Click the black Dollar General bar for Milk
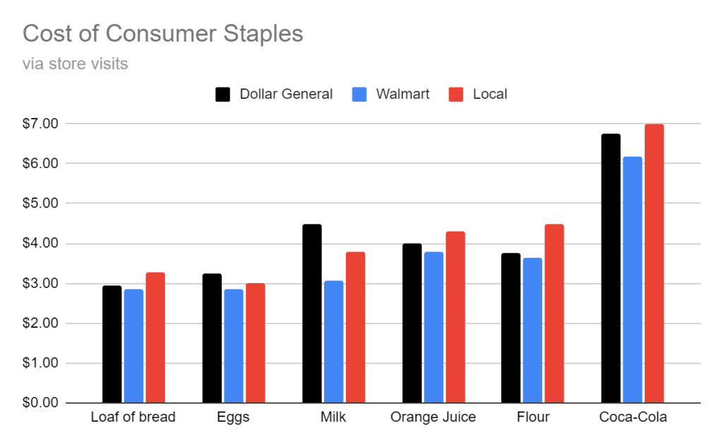pyautogui.click(x=311, y=314)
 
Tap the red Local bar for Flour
pyautogui.click(x=554, y=314)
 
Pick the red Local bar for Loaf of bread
pyautogui.click(x=155, y=338)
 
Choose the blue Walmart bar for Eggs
pyautogui.click(x=234, y=346)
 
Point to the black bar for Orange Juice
pyautogui.click(x=412, y=323)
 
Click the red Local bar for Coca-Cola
pyautogui.click(x=655, y=264)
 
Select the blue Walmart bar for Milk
pyautogui.click(x=333, y=342)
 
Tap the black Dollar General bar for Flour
pyautogui.click(x=511, y=328)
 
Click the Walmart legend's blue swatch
pyautogui.click(x=358, y=95)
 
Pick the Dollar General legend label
pyautogui.click(x=286, y=95)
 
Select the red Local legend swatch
pyautogui.click(x=456, y=95)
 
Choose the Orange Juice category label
pyautogui.click(x=433, y=417)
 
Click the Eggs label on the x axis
pyautogui.click(x=233, y=417)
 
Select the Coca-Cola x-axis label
pyautogui.click(x=633, y=417)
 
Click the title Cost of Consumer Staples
pyautogui.click(x=163, y=33)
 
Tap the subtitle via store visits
pyautogui.click(x=75, y=64)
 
